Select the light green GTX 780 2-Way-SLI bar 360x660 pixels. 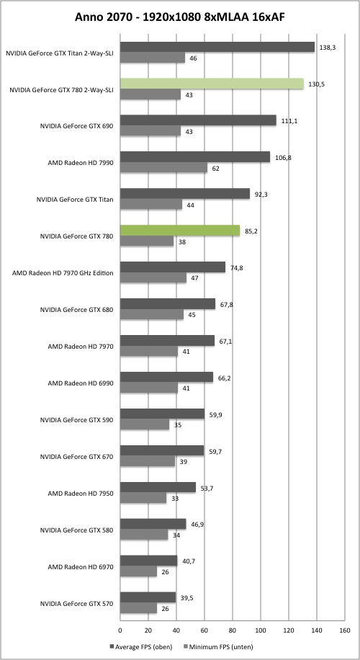click(x=212, y=84)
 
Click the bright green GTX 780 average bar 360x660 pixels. click(x=180, y=231)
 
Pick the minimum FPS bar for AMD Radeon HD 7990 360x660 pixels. click(x=163, y=168)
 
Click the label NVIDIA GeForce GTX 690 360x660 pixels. click(x=76, y=126)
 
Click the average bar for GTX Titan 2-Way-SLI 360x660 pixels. click(x=217, y=47)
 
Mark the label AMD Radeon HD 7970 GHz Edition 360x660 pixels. click(x=63, y=273)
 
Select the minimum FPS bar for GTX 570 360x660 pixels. click(x=138, y=608)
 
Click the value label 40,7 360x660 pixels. click(x=189, y=561)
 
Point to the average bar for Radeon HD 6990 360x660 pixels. click(x=166, y=377)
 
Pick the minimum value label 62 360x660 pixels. click(x=216, y=169)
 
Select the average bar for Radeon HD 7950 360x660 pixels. click(x=158, y=487)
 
